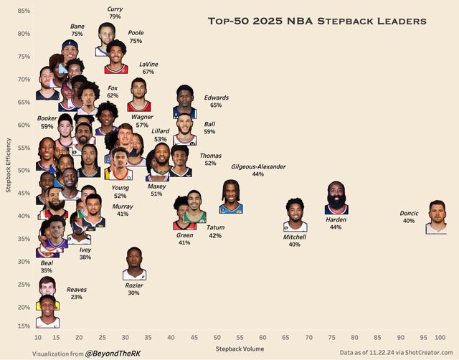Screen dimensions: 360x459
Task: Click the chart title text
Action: pyautogui.click(x=317, y=22)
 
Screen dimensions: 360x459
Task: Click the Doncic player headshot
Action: pyautogui.click(x=436, y=218)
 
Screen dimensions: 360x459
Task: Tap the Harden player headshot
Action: pyautogui.click(x=336, y=198)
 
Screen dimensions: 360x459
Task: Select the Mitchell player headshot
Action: pyautogui.click(x=295, y=215)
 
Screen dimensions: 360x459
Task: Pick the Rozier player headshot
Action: pyautogui.click(x=134, y=264)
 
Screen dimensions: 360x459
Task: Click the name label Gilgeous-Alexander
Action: pyautogui.click(x=258, y=166)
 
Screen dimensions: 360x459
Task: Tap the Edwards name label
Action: pyautogui.click(x=216, y=97)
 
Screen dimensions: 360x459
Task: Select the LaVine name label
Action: pyautogui.click(x=148, y=64)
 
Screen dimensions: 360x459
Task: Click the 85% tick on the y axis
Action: pyautogui.click(x=24, y=11)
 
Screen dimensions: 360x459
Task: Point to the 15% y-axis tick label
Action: pyautogui.click(x=24, y=326)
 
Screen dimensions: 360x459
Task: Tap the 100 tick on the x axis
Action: pyautogui.click(x=440, y=337)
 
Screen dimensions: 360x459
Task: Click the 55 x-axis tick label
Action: pyautogui.click(x=240, y=337)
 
